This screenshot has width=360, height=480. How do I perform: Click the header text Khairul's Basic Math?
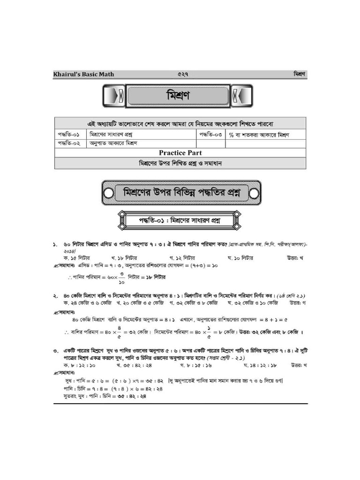pyautogui.click(x=83, y=74)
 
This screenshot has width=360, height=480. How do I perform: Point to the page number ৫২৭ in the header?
pyautogui.click(x=182, y=74)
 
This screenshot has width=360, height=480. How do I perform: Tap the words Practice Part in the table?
pyautogui.click(x=180, y=153)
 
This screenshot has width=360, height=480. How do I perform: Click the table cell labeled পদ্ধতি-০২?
pyautogui.click(x=70, y=143)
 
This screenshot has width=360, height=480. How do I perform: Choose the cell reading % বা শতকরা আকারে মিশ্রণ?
pyautogui.click(x=259, y=135)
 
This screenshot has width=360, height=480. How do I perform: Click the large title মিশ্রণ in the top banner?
pyautogui.click(x=178, y=96)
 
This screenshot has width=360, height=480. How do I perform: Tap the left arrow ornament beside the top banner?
pyautogui.click(x=113, y=96)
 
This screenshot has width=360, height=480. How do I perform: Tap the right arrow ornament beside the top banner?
pyautogui.click(x=242, y=96)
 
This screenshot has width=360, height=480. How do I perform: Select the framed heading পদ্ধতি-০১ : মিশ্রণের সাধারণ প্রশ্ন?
pyautogui.click(x=180, y=220)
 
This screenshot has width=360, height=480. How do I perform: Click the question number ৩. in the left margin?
pyautogui.click(x=55, y=351)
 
